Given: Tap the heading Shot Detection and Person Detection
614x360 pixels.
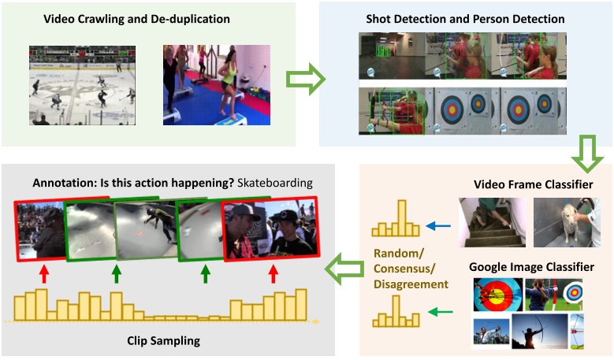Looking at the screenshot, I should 465,17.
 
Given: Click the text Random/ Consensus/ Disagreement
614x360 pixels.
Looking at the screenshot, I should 410,269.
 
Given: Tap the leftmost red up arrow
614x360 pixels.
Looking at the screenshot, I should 44,274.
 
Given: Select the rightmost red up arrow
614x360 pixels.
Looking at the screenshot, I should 274,274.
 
